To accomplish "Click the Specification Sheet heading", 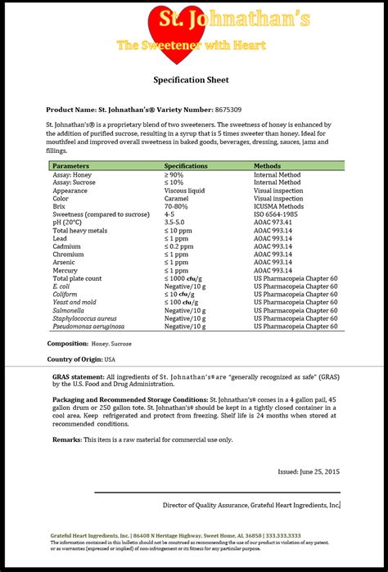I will point(192,79).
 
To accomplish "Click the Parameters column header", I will point(71,166).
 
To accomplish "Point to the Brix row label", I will point(60,206).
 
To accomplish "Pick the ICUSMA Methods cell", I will point(279,206).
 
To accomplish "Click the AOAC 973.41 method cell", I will point(273,223).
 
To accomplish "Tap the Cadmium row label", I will point(66,246).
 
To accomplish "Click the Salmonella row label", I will point(69,310).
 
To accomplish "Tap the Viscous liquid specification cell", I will point(187,191).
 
